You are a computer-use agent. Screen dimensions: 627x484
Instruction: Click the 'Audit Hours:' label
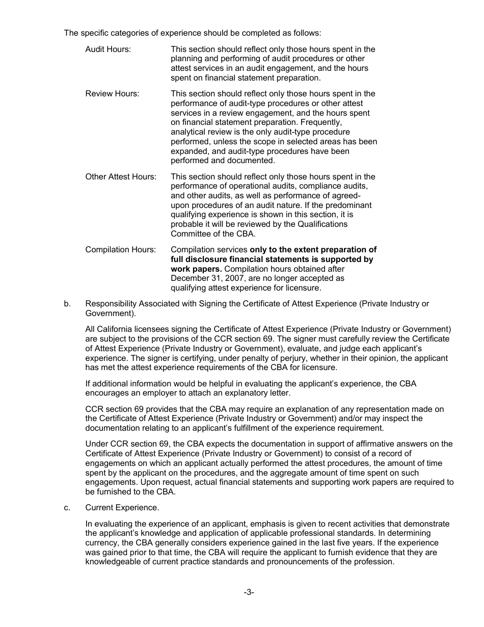(x=107, y=49)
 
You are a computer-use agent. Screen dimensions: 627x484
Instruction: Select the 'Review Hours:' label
(x=112, y=94)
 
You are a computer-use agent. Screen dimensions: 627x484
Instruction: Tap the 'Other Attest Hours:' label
(x=121, y=177)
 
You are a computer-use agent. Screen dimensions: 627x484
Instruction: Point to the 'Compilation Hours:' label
(x=120, y=250)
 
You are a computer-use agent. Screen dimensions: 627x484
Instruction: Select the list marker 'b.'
(x=67, y=304)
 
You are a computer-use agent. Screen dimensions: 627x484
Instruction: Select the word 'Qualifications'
(x=322, y=224)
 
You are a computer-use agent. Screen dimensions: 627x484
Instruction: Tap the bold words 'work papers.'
(x=196, y=269)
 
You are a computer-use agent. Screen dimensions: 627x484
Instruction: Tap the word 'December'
(x=191, y=278)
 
